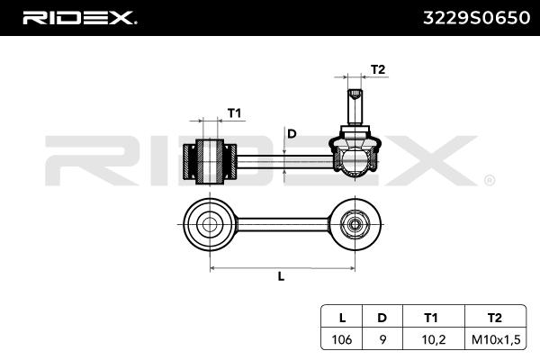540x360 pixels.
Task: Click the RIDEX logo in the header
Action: tap(79, 17)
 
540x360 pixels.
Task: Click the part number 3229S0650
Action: tap(474, 17)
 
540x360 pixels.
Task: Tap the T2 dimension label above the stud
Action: tap(379, 69)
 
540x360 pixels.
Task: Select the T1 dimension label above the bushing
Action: tap(233, 112)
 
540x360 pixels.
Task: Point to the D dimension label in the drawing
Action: tap(291, 134)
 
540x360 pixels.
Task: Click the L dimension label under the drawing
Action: tap(281, 276)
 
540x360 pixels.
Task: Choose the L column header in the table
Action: tap(341, 318)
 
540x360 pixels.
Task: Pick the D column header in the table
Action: tap(382, 318)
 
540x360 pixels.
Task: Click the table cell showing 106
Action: tap(341, 339)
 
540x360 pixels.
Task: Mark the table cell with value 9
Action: tap(382, 339)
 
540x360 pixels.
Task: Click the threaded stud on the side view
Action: tap(355, 103)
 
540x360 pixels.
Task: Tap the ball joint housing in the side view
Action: tap(355, 155)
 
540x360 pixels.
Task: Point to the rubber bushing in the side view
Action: tap(209, 159)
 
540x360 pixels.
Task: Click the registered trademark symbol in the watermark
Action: tap(489, 181)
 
